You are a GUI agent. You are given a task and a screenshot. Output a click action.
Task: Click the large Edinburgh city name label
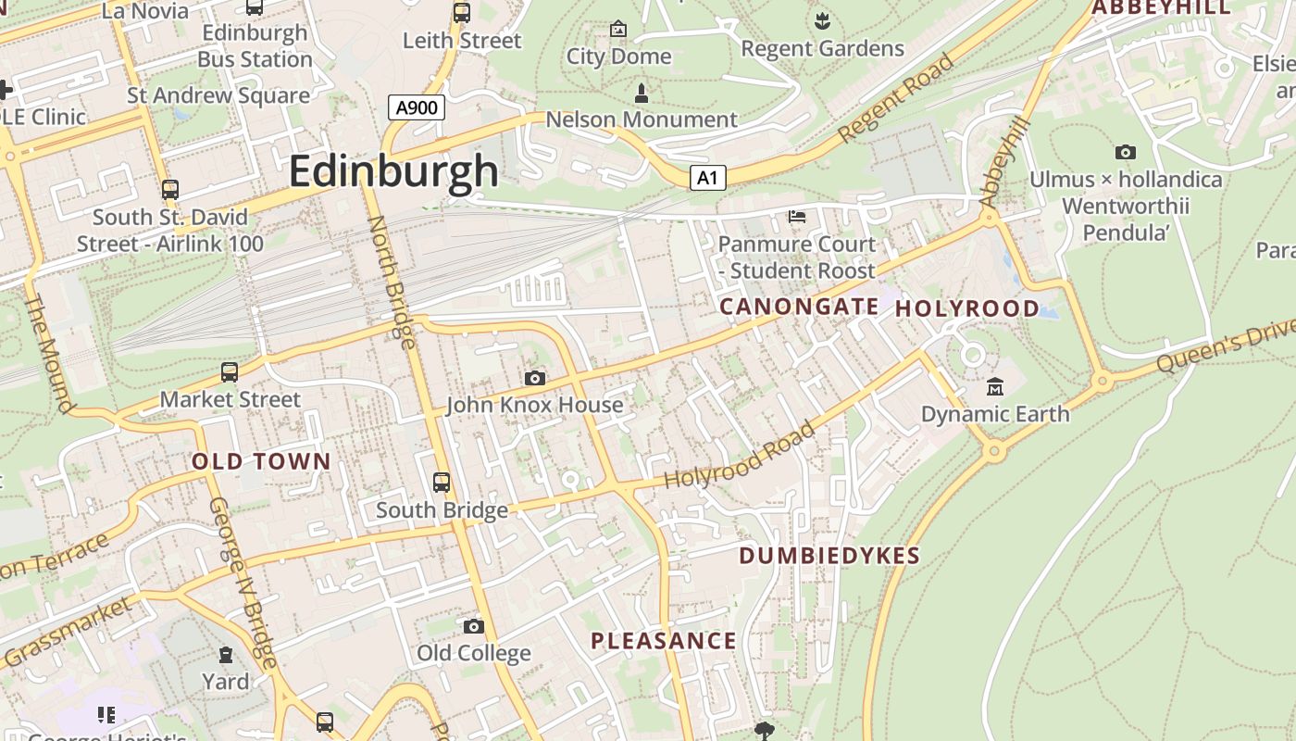coord(393,172)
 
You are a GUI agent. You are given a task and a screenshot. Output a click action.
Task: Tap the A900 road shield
coord(417,107)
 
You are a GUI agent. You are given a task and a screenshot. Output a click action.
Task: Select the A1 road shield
coord(707,178)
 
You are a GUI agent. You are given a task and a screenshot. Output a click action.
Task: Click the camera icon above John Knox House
coord(534,378)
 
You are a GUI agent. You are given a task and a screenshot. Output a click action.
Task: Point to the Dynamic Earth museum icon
coord(995,386)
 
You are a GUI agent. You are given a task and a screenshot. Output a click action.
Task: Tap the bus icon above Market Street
coord(229,372)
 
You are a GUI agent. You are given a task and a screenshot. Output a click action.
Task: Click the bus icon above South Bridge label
coord(442,483)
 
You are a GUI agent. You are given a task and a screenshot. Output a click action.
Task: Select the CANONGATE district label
coord(799,307)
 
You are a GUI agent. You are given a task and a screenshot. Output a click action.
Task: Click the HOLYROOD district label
coord(966,308)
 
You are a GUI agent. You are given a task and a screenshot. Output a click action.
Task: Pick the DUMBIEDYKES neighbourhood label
coord(829,556)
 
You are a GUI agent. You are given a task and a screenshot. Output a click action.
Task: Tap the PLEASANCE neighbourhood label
coord(664,641)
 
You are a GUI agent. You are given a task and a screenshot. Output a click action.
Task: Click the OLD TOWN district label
coord(261,461)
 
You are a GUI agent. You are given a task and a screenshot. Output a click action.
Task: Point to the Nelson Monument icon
coord(641,93)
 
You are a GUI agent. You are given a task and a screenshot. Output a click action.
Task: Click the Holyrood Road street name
coord(741,456)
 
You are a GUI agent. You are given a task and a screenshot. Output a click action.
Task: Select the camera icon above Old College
coord(473,627)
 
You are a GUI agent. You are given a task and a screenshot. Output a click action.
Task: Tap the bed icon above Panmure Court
coord(796,217)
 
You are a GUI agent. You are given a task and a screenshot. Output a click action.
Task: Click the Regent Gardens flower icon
coord(821,19)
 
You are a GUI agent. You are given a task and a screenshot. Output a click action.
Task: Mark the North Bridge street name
coord(392,282)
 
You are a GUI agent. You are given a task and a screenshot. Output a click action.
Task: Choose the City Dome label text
coord(618,57)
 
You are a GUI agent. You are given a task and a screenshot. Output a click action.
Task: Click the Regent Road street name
coord(895,98)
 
